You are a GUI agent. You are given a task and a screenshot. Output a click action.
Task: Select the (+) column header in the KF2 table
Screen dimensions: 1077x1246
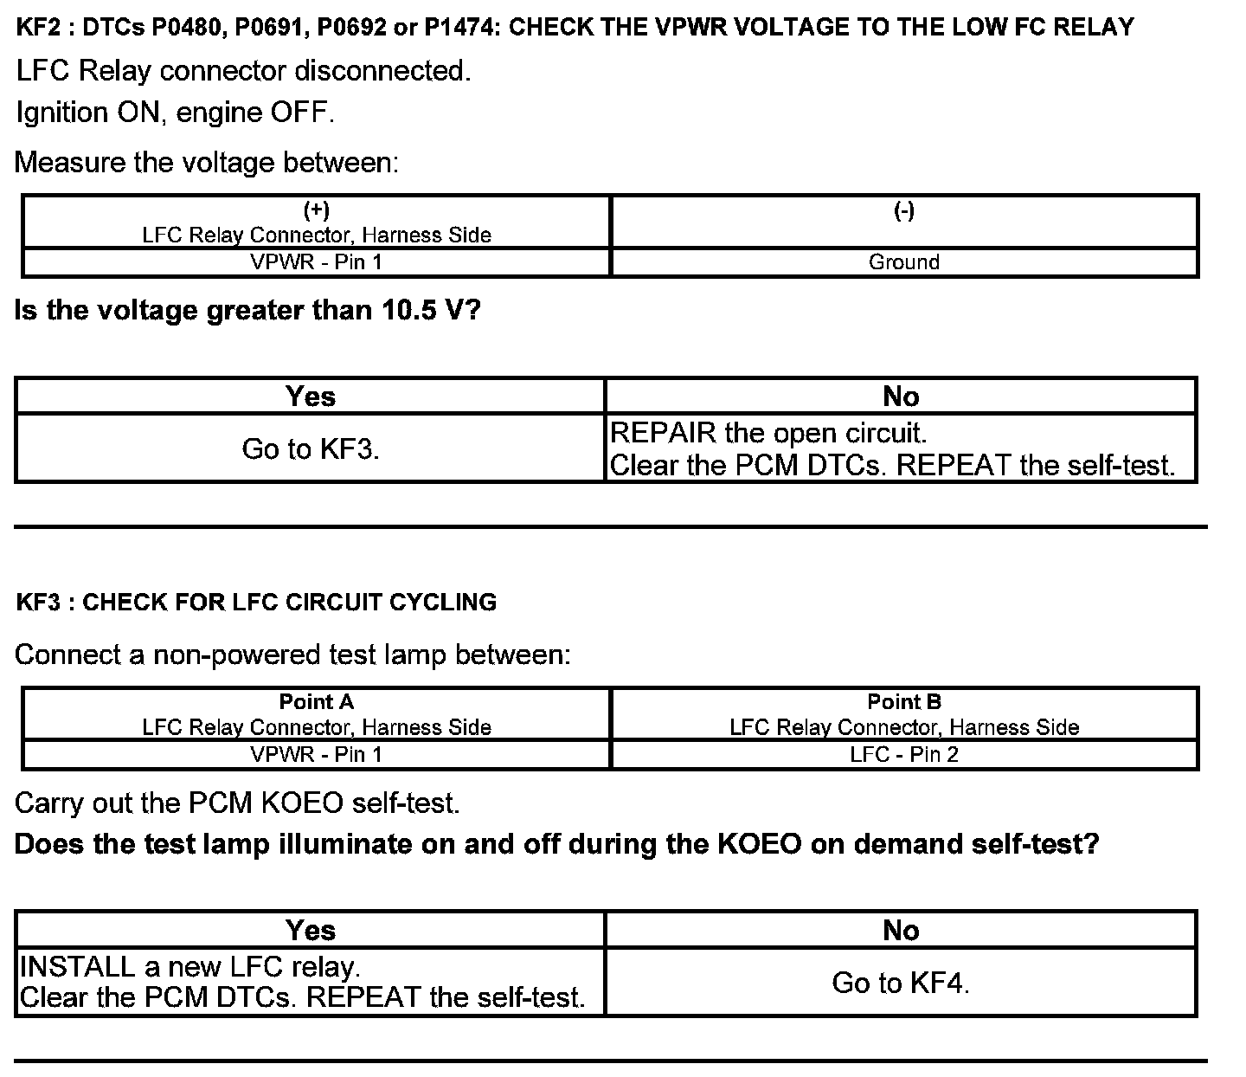tap(316, 210)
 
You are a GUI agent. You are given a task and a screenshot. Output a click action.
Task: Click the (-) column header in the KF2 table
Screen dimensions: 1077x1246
tap(903, 210)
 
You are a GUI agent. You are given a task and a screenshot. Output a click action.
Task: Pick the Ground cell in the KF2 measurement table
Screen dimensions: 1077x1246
tap(903, 262)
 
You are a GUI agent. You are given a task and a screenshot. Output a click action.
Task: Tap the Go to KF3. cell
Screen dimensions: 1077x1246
tap(311, 448)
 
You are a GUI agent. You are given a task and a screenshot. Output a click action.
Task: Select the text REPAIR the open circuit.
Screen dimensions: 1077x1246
tap(768, 433)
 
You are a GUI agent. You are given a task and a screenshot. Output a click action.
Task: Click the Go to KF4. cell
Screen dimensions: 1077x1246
tap(901, 983)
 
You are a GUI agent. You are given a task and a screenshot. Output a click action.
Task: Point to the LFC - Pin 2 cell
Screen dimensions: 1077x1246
tap(903, 754)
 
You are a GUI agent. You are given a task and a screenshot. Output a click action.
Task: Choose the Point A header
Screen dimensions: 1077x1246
tap(316, 702)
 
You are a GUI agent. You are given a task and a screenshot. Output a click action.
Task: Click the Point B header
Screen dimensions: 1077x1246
tap(903, 702)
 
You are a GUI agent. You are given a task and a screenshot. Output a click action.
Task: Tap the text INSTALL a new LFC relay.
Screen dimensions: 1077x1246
tap(189, 966)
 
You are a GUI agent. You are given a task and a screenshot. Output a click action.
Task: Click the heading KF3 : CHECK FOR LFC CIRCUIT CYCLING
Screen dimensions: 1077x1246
tap(256, 603)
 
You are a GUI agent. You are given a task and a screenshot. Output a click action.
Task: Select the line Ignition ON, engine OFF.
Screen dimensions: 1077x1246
tap(175, 113)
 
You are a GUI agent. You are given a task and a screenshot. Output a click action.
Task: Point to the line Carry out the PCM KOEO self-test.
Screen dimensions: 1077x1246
tap(237, 803)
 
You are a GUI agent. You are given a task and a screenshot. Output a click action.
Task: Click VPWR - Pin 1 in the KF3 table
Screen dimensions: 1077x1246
tap(316, 754)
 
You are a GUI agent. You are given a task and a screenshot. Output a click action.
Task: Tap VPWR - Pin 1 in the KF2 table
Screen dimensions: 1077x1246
tap(316, 262)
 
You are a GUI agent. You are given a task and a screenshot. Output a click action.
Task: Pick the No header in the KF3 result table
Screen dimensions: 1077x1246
tap(901, 930)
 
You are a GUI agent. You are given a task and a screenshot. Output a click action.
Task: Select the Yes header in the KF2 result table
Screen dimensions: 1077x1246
tap(311, 397)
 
